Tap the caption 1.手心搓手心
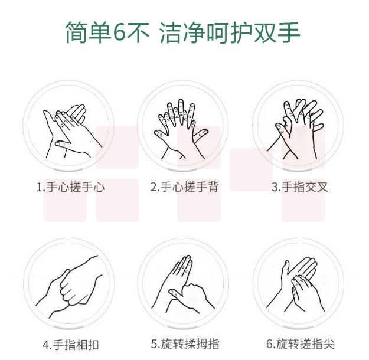point(70,187)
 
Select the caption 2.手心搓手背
point(184,187)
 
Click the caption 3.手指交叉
point(300,187)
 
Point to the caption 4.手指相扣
point(71,345)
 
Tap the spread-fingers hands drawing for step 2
point(181,129)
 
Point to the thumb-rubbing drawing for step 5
point(183,284)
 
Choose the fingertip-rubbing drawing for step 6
point(296,284)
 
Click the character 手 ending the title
point(288,32)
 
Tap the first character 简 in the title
point(77,32)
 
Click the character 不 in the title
point(138,32)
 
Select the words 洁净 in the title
point(182,32)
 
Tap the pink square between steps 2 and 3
point(251,169)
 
